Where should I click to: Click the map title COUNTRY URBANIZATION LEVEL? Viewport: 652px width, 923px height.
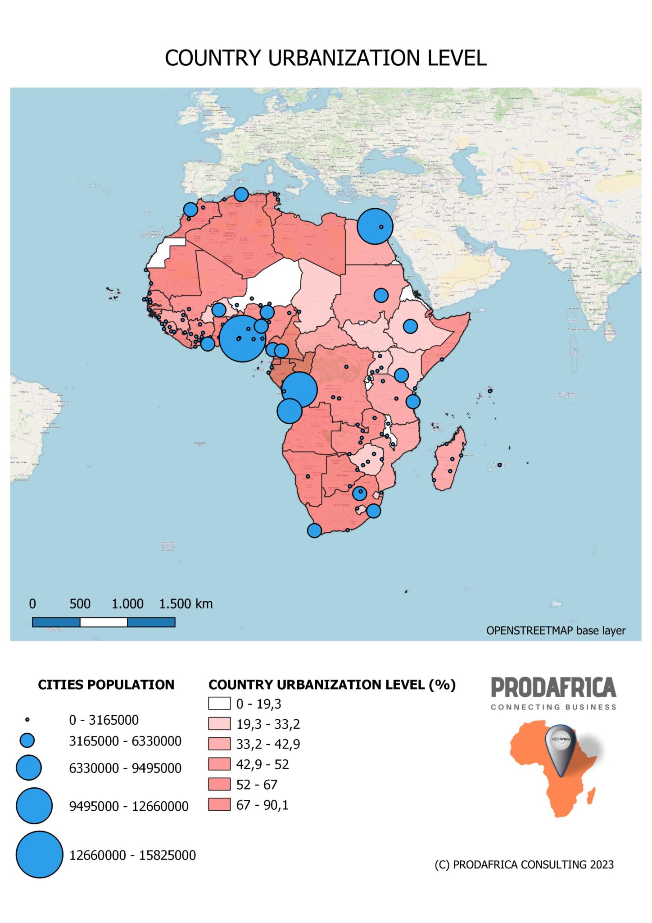click(326, 58)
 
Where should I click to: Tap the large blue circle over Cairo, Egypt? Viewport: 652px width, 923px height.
click(375, 226)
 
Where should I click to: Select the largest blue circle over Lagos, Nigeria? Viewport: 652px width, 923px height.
click(242, 338)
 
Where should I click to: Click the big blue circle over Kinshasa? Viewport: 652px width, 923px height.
click(299, 390)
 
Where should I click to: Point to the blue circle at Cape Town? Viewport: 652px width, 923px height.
click(314, 530)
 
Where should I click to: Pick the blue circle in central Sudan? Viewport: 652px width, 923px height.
click(381, 295)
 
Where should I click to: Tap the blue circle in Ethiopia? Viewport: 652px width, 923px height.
click(410, 326)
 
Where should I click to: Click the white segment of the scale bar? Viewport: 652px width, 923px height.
click(104, 622)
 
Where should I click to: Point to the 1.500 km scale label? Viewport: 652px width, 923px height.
click(186, 604)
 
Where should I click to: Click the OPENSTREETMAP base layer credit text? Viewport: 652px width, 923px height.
click(556, 631)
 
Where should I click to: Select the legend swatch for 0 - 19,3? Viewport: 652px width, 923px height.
click(219, 704)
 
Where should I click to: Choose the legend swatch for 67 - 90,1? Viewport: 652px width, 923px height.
click(219, 804)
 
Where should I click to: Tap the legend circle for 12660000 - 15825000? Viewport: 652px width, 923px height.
click(40, 854)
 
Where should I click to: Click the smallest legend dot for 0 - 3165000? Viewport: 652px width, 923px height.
click(27, 720)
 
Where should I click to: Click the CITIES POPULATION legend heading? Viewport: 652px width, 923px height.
click(106, 685)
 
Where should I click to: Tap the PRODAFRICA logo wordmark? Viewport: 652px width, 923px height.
click(553, 688)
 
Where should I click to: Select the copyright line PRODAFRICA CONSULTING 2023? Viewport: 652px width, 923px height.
click(524, 864)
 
